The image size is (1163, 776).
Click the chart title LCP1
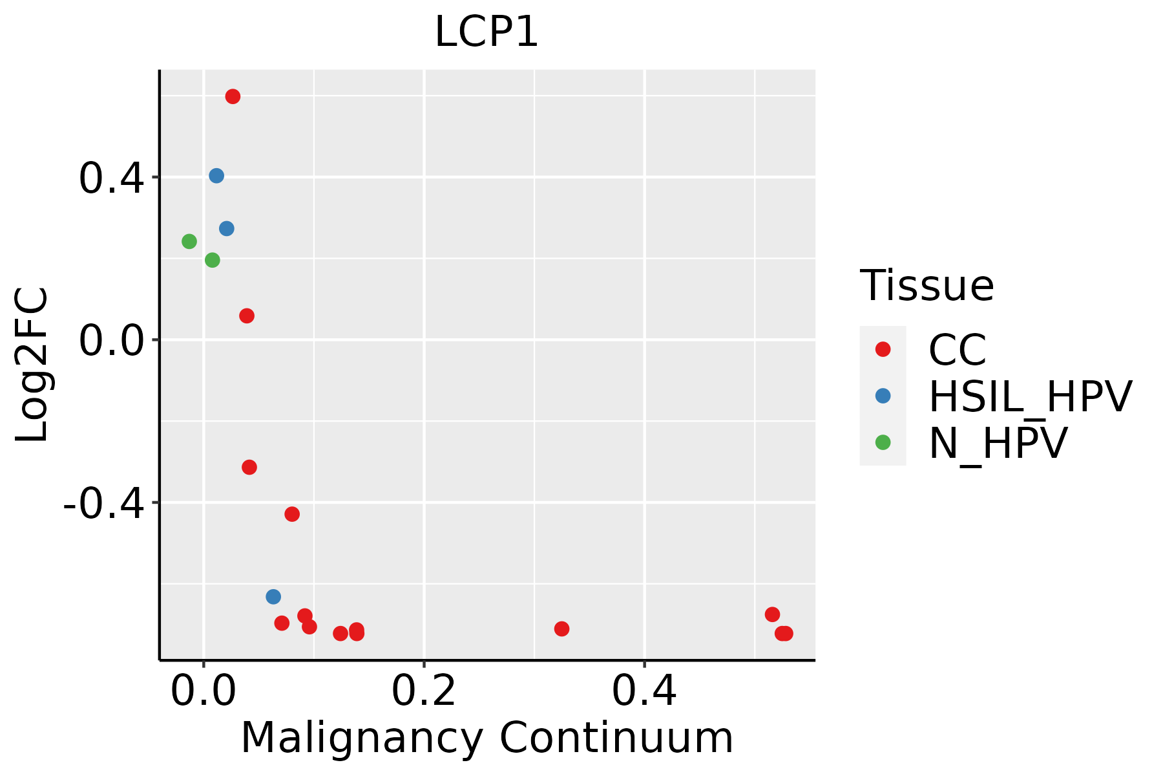(x=487, y=32)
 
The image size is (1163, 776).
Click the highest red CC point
(x=233, y=96)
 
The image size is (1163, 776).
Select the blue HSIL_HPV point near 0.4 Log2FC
(x=216, y=176)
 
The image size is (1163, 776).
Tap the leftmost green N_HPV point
(x=189, y=241)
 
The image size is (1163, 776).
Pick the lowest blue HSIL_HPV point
(x=273, y=596)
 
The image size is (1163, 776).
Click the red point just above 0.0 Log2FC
(x=247, y=316)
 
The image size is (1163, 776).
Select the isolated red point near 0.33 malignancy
(x=561, y=629)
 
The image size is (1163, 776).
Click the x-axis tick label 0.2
(x=424, y=692)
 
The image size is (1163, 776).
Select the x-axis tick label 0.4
(x=644, y=692)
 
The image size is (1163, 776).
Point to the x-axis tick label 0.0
(x=203, y=692)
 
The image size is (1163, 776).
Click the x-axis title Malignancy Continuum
(x=487, y=738)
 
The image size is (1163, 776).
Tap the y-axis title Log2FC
(x=32, y=365)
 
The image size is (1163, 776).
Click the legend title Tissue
(x=927, y=285)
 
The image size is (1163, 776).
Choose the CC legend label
(x=957, y=350)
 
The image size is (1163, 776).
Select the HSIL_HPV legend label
(x=1030, y=396)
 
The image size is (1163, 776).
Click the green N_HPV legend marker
(x=883, y=442)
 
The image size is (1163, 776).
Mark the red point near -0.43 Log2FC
(x=292, y=514)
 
